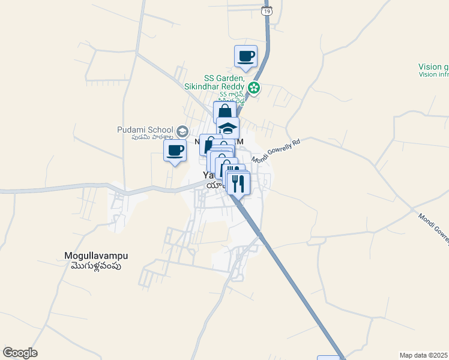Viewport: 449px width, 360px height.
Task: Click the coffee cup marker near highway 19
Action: coord(246,57)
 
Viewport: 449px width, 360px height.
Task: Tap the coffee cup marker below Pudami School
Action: coord(175,151)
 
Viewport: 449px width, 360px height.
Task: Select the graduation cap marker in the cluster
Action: coord(228,128)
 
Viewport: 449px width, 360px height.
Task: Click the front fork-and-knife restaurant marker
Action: coord(238,184)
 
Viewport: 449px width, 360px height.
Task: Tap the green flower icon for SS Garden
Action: coord(255,88)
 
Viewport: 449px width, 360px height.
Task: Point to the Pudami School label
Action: coord(145,130)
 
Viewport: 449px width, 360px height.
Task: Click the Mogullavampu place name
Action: coord(96,256)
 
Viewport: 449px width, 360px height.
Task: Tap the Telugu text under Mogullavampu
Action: coord(96,266)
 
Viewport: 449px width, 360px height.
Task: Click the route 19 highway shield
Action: coord(268,10)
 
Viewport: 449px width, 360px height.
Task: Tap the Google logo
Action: coord(20,353)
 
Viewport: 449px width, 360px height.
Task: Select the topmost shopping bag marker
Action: coord(224,112)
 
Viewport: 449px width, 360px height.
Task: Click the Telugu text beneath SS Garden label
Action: coord(232,95)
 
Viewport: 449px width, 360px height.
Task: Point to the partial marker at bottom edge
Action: coord(328,358)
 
